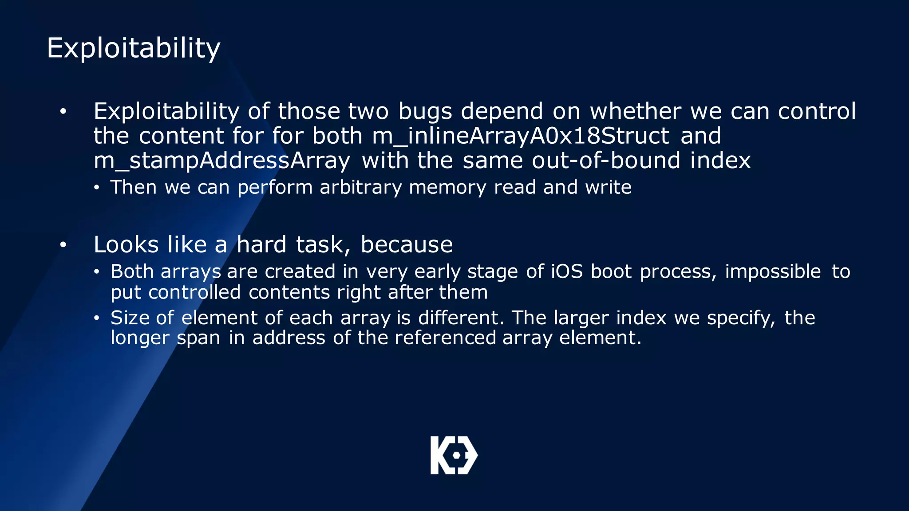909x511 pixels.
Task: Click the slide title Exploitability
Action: [x=133, y=48]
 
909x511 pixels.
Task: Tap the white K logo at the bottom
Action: [x=454, y=455]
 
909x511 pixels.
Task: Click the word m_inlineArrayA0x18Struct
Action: [x=520, y=136]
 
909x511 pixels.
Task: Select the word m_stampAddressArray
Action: [x=221, y=161]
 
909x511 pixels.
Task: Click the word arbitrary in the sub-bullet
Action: [x=360, y=187]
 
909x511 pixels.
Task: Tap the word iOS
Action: [x=567, y=271]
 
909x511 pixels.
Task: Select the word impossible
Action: [x=773, y=271]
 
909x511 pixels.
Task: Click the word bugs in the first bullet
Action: [x=425, y=111]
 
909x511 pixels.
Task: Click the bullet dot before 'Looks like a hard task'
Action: [x=63, y=245]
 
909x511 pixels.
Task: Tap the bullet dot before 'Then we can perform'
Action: [x=96, y=188]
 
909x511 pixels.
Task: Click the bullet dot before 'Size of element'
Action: [x=96, y=318]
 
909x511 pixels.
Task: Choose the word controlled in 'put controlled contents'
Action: [x=194, y=293]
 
